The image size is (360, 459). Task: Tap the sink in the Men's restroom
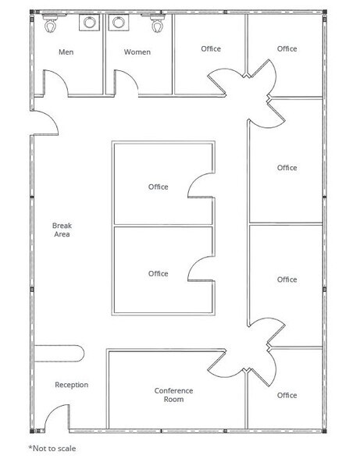tap(87, 23)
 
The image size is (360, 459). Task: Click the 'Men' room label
tap(66, 52)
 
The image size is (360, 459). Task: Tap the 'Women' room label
tap(137, 52)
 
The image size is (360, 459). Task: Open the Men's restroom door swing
tap(54, 83)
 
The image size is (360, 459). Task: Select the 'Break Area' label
tap(62, 229)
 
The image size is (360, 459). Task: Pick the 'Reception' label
tap(71, 385)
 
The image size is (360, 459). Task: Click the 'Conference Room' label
tap(173, 395)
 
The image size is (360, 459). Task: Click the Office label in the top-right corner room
tap(287, 48)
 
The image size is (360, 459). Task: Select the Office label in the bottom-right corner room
tap(287, 395)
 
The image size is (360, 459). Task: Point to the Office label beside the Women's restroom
tap(211, 48)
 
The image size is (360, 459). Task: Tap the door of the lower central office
tap(200, 269)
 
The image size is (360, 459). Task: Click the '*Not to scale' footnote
tap(52, 449)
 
